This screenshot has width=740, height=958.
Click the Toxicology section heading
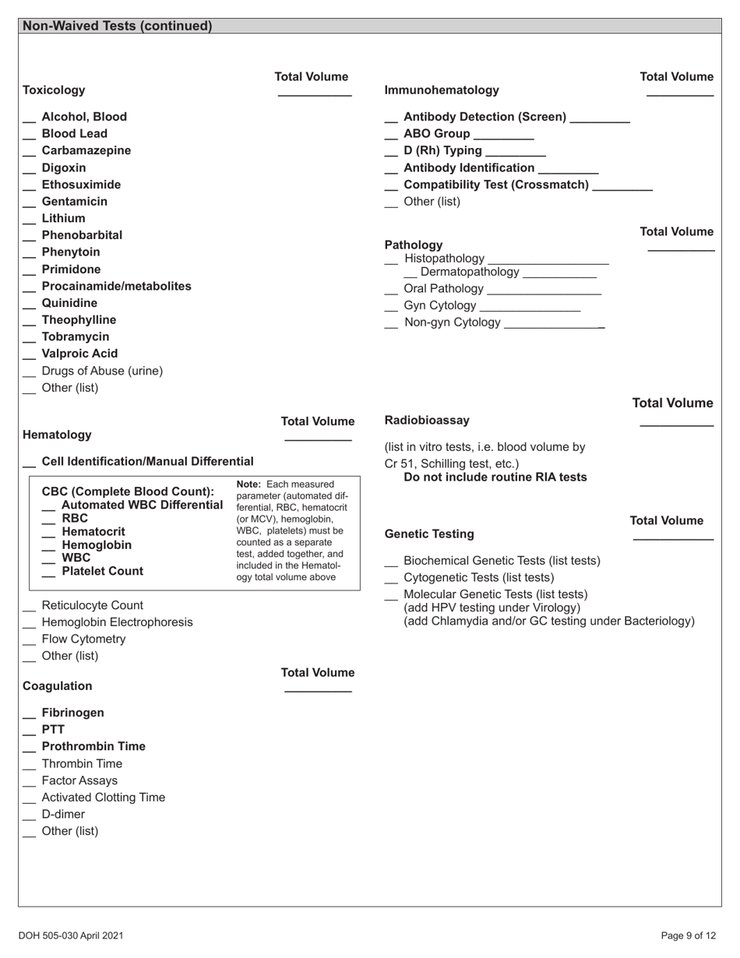click(x=54, y=90)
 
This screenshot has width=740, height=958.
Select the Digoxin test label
click(x=64, y=167)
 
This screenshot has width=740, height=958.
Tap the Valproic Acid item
click(x=79, y=354)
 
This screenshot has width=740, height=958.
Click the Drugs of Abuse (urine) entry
click(x=102, y=371)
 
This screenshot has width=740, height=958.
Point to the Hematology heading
click(x=57, y=435)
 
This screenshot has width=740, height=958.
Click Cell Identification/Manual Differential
click(x=147, y=462)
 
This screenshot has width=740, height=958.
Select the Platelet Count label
click(x=102, y=572)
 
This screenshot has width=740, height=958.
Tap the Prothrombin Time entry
click(x=93, y=746)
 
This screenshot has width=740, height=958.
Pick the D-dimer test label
click(x=63, y=814)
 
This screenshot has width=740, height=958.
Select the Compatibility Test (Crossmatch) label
click(x=496, y=185)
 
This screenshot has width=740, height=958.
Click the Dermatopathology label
click(x=469, y=272)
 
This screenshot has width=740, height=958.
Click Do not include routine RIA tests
click(x=495, y=477)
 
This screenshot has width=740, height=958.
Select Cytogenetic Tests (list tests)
click(x=479, y=578)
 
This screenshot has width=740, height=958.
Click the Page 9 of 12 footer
click(x=688, y=935)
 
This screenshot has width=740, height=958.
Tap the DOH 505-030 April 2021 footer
click(x=71, y=935)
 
